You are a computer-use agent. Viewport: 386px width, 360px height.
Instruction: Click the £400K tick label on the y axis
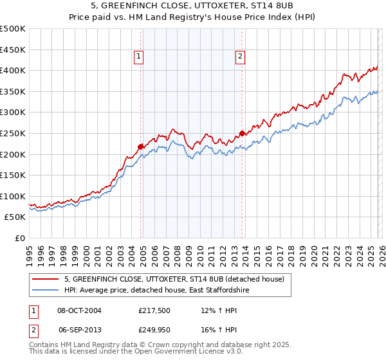pos(13,70)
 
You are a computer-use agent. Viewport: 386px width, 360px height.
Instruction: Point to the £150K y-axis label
pos(13,175)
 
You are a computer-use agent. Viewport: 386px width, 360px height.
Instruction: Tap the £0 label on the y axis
pos(19,238)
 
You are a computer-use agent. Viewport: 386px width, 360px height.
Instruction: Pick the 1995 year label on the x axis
pos(29,251)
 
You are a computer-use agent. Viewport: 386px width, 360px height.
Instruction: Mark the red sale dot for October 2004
pos(140,147)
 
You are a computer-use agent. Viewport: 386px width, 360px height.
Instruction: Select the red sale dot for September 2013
pos(242,134)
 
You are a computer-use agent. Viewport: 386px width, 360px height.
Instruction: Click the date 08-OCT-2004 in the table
pos(80,310)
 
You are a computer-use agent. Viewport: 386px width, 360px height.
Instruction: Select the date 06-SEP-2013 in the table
pos(79,328)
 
